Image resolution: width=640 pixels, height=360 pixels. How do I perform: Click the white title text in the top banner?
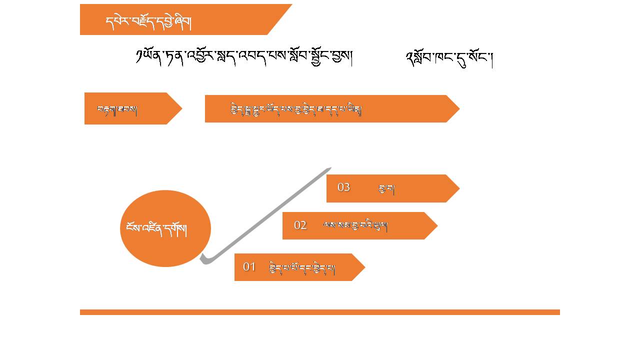(148, 22)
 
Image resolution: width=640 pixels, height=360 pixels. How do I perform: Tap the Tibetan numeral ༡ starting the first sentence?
(139, 56)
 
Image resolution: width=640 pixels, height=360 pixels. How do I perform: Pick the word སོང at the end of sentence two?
(482, 58)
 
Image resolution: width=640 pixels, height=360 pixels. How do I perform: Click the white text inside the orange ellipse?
(155, 229)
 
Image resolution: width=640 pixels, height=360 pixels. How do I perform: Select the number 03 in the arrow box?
(343, 187)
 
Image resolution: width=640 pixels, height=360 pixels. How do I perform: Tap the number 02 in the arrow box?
(300, 225)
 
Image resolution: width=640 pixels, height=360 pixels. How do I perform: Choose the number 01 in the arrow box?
(249, 267)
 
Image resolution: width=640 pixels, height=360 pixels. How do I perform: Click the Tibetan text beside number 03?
(387, 189)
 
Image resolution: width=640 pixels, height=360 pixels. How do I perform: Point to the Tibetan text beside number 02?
(355, 226)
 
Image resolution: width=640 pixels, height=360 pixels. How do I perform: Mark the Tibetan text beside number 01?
(302, 268)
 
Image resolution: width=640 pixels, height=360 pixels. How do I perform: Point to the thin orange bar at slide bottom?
(320, 312)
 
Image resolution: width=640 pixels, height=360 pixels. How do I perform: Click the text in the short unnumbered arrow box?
(117, 109)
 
